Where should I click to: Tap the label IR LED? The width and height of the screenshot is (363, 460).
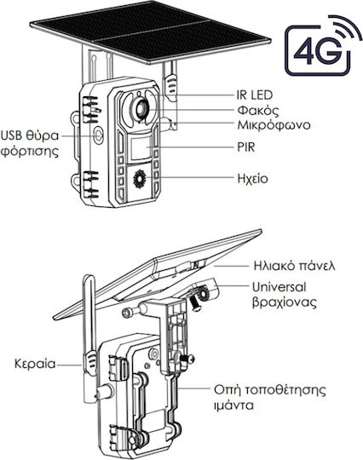[x=255, y=95]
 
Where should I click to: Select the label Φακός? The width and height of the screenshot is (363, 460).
[x=258, y=111]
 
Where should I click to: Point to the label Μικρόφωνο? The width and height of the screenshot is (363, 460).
[x=274, y=125]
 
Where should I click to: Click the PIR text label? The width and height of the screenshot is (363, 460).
[x=246, y=147]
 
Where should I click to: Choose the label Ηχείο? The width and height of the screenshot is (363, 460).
[x=253, y=179]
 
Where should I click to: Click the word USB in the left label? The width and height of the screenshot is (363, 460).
[x=11, y=135]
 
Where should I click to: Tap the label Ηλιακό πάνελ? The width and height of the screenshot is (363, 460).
[x=294, y=266]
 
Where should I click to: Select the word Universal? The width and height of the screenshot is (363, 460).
[x=279, y=287]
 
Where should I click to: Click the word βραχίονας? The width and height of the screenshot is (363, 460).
[x=285, y=302]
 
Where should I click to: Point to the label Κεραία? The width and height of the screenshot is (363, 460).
[x=35, y=364]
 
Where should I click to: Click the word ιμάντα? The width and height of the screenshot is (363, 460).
[x=233, y=405]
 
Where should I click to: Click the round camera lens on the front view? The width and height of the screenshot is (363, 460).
[x=141, y=108]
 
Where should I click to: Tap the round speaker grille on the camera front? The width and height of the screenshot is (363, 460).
[x=140, y=179]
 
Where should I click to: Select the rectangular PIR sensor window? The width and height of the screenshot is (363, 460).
[x=141, y=148]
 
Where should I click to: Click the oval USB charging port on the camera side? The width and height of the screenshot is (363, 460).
[x=99, y=135]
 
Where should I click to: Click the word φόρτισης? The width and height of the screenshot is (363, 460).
[x=30, y=152]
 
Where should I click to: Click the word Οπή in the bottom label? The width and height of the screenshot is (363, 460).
[x=228, y=390]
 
